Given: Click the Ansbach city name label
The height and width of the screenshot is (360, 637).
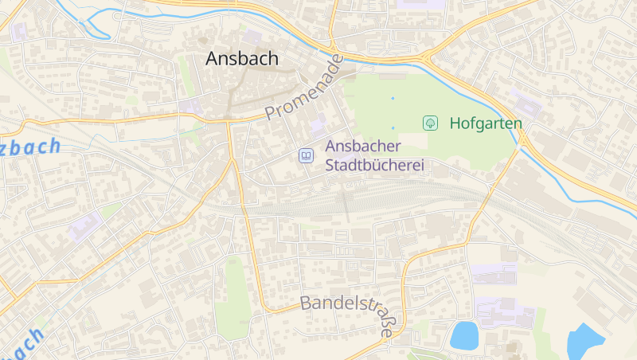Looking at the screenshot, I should tap(242, 58).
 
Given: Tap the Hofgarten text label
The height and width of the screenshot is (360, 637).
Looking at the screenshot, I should tap(486, 123).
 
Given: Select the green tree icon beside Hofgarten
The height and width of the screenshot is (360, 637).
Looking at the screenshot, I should tap(430, 123).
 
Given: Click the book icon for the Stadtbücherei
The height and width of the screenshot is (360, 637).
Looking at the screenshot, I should tap(306, 156).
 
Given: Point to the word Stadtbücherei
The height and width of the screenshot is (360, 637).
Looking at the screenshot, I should tap(374, 166).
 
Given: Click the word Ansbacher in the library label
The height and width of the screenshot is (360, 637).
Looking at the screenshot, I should tap(364, 147).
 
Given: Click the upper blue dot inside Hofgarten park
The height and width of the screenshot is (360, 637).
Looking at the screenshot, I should tap(393, 98).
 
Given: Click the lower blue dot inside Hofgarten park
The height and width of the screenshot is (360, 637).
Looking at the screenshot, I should tap(393, 127).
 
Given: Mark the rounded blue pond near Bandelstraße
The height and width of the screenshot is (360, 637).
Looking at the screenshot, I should tap(463, 335).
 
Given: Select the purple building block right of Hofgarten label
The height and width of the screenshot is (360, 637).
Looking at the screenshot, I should tap(526, 104).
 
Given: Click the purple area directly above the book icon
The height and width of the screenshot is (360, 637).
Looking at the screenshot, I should tap(318, 125).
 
